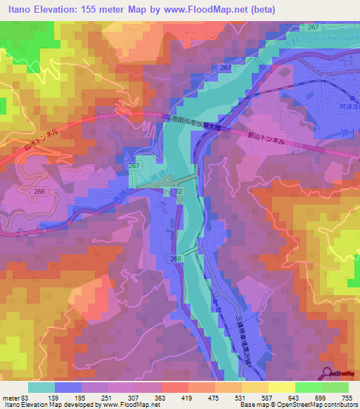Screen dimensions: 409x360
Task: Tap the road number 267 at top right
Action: pos(314,27)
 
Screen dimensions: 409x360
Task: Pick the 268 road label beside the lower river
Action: pos(175,259)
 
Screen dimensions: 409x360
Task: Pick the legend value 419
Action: pos(186,398)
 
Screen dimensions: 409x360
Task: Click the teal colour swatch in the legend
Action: pos(41,387)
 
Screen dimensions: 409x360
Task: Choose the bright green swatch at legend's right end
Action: pos(335,387)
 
